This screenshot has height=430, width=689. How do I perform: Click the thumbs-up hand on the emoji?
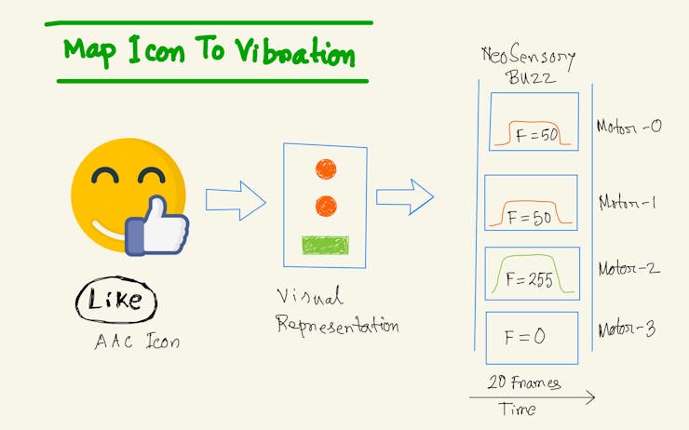[x=156, y=226]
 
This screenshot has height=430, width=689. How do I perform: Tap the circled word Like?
[x=115, y=300]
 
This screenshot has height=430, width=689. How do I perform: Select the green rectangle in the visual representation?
[x=325, y=246]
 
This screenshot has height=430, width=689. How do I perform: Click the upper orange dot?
[x=326, y=169]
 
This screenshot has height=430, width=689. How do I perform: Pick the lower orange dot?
[x=326, y=206]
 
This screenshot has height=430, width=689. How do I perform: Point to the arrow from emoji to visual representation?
[x=236, y=201]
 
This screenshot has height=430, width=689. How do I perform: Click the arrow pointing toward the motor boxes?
[x=405, y=196]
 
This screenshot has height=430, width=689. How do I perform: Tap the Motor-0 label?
[x=628, y=127]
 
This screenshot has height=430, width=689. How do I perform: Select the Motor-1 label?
[x=628, y=203]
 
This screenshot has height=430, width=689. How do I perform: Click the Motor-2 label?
[x=628, y=268]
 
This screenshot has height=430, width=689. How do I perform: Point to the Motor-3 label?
[x=627, y=329]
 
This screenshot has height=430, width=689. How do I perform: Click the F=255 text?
[x=529, y=279]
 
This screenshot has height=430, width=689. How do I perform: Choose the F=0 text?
[x=524, y=337]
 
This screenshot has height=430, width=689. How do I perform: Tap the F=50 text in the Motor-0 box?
[x=537, y=135]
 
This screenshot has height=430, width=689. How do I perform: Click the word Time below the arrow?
[x=517, y=409]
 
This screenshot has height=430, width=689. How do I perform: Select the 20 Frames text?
[x=524, y=383]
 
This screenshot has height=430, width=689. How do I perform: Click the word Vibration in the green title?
[x=294, y=52]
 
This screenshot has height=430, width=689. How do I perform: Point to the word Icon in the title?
[x=156, y=51]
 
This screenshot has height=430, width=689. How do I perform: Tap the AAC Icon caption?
[x=137, y=341]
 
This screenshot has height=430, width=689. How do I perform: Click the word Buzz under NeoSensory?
[x=531, y=78]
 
